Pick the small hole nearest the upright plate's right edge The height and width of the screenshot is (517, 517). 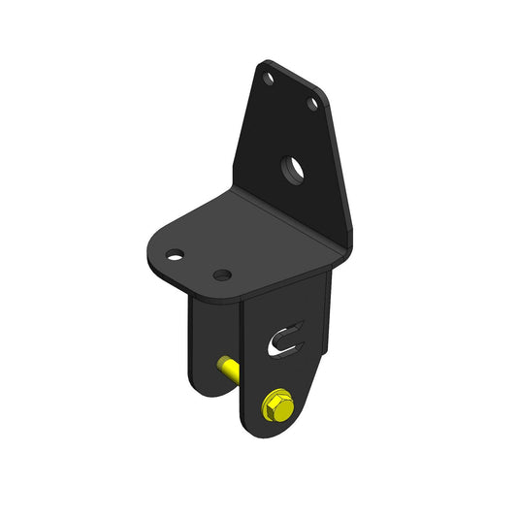click(313, 102)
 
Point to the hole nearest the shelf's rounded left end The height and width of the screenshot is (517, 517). click(174, 257)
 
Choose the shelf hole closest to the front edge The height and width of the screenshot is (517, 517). click(222, 276)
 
